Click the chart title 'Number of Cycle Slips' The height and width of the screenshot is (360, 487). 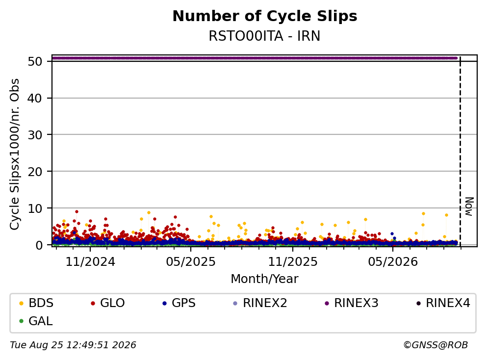(265, 16)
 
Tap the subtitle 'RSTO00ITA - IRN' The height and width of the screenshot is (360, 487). (264, 36)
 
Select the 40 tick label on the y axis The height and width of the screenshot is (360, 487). (35, 98)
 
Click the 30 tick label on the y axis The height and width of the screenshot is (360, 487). (35, 135)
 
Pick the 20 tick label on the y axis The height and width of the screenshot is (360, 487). (35, 172)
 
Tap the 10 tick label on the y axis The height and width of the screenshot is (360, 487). (35, 208)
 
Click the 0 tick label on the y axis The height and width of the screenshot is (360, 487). (39, 245)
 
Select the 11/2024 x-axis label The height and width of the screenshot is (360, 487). (90, 262)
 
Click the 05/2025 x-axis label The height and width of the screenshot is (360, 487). (191, 262)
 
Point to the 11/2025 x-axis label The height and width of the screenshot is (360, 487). (293, 262)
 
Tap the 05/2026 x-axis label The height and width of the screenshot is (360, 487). (393, 262)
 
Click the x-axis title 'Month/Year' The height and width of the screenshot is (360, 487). (264, 279)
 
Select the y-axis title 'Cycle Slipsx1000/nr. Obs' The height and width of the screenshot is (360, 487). (14, 154)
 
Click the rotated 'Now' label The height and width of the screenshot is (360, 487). (469, 206)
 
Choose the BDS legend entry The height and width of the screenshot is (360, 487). (36, 303)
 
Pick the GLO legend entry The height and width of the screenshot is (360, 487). (107, 303)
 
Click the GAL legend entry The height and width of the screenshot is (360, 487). (36, 321)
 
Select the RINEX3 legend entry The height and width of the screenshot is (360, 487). (352, 303)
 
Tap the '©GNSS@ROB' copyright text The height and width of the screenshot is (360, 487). (436, 345)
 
